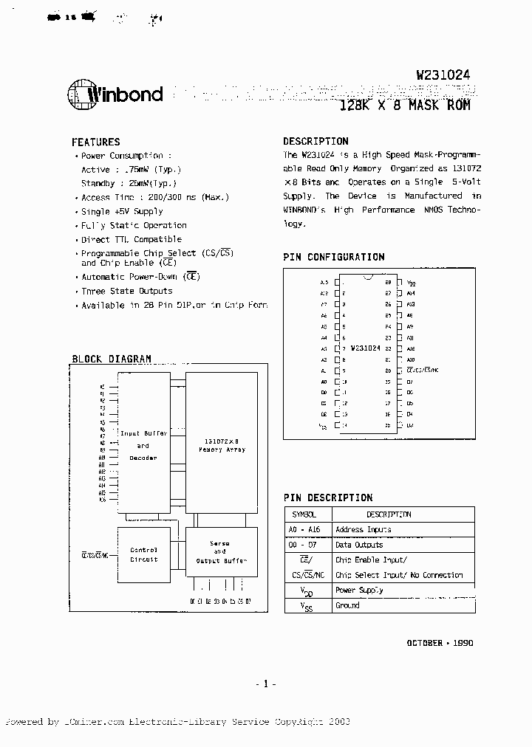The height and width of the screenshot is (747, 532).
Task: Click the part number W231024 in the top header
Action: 443,75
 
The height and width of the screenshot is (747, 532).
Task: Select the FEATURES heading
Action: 95,142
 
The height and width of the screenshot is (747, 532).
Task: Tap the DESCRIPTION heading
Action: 316,141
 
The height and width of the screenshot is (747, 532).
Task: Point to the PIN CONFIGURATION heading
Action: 333,257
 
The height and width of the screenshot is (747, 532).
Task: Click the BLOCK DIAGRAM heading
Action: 111,359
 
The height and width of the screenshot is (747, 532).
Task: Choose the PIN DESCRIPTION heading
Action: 327,498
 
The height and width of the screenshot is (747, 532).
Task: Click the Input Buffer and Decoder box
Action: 143,446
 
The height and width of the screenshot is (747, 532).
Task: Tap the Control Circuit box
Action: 143,554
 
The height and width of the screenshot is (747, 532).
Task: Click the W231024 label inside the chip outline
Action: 365,348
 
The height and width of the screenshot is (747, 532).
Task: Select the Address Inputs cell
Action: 363,529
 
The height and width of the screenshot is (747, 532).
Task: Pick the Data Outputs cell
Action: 359,545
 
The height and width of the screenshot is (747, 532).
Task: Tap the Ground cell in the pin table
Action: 347,605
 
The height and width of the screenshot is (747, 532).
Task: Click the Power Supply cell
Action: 359,591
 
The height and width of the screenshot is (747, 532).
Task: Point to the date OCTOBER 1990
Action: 440,643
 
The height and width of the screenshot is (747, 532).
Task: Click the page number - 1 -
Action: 265,684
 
